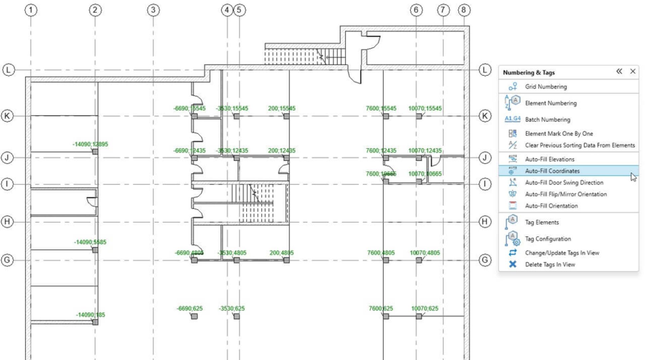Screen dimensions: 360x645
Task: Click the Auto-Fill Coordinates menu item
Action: coord(552,171)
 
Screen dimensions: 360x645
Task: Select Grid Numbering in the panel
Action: coord(546,87)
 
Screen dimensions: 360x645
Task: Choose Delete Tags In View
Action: coord(550,265)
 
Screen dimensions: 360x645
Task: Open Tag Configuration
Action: coord(548,239)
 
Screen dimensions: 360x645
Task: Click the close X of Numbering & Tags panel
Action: coord(633,72)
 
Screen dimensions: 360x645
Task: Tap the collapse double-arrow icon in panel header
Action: coord(619,72)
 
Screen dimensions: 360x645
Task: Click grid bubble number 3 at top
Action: coord(153,10)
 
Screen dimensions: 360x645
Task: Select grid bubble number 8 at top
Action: coord(464,10)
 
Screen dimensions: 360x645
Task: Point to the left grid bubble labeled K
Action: coord(7,116)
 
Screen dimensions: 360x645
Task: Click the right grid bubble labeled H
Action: coord(484,222)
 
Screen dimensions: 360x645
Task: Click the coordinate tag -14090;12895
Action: coord(90,144)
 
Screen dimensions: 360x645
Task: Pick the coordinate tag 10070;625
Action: coord(425,309)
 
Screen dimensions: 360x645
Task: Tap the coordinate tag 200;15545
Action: coord(282,109)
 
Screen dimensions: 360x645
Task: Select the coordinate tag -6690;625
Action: coord(190,309)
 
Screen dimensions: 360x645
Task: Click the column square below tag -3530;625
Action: coord(236,316)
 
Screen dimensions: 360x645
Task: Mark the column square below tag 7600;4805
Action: coord(386,260)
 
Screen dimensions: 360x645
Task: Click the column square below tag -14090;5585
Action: coord(95,250)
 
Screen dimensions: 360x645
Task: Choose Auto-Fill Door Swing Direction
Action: coord(564,183)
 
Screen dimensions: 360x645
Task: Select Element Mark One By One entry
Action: coord(559,133)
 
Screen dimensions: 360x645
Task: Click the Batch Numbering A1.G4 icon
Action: coord(512,119)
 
